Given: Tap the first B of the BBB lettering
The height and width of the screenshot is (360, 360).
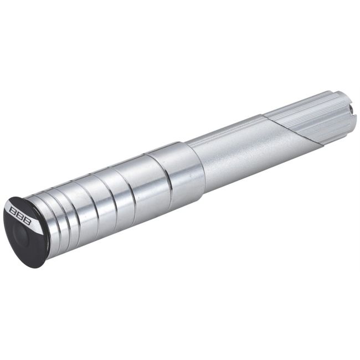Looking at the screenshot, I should click(13, 210).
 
